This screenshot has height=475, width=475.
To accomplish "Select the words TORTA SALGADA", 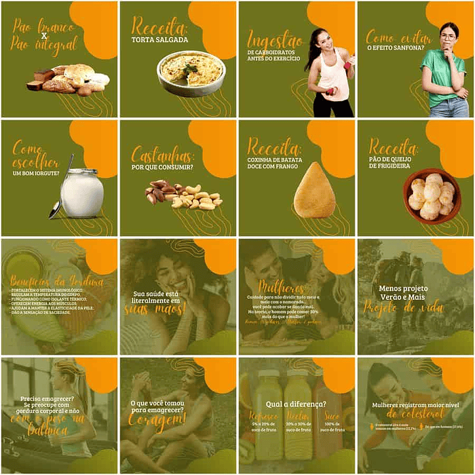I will point(160,40).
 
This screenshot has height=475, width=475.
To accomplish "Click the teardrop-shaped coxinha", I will point(314,192).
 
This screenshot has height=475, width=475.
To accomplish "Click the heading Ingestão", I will point(275,39).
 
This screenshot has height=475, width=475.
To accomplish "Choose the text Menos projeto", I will point(404,289).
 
